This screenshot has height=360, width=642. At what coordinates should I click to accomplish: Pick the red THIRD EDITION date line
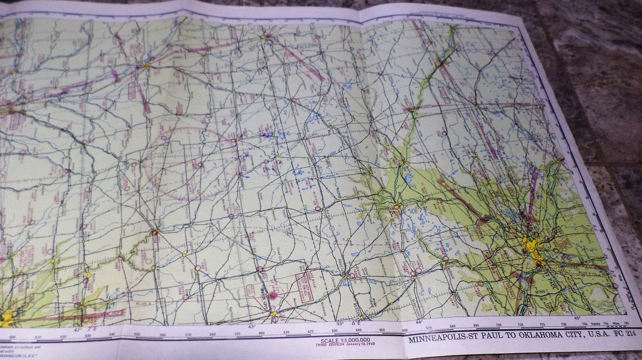pyautogui.click(x=344, y=345)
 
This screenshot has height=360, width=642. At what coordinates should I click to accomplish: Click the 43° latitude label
pyautogui.click(x=251, y=326)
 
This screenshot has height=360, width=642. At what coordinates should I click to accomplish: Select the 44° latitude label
pyautogui.click(x=418, y=322)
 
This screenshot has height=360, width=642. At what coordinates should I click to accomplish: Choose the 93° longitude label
pyautogui.click(x=341, y=323)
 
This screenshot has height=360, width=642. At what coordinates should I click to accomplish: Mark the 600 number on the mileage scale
pyautogui.click(x=262, y=333)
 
